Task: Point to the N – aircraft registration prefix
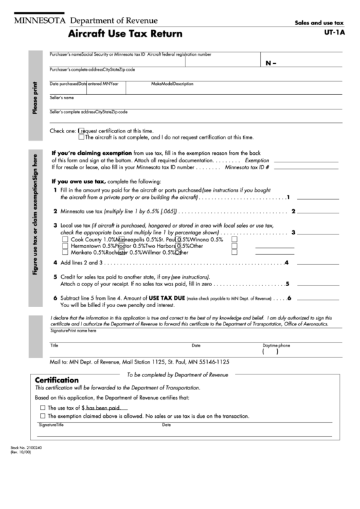pyautogui.click(x=272, y=63)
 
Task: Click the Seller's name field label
pyautogui.click(x=62, y=98)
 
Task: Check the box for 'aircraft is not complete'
pyautogui.click(x=82, y=137)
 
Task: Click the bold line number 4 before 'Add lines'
pyautogui.click(x=55, y=262)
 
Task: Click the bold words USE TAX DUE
pyautogui.click(x=164, y=298)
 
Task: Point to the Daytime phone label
pyautogui.click(x=276, y=345)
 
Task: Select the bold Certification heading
pyautogui.click(x=57, y=381)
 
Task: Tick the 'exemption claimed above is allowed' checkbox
pyautogui.click(x=43, y=415)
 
